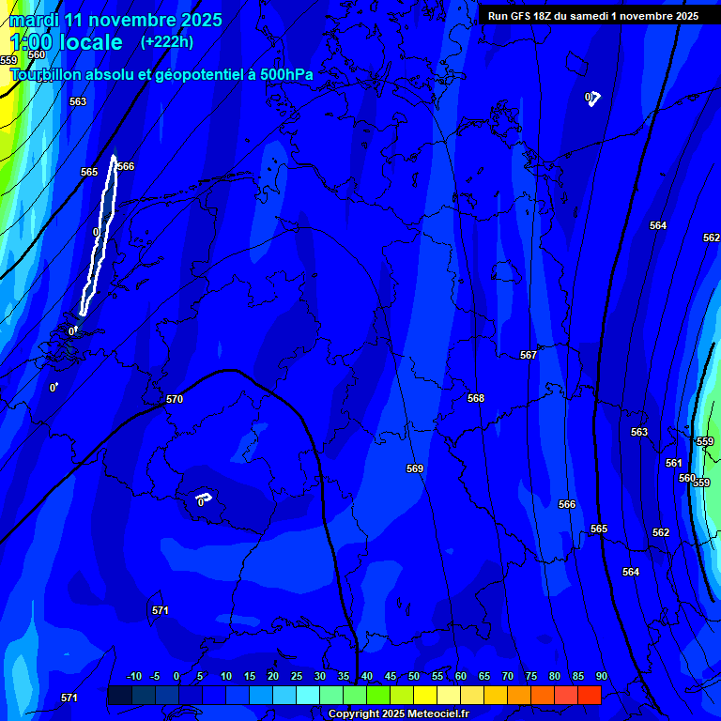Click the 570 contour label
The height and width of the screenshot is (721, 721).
175,399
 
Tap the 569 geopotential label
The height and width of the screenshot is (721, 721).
415,468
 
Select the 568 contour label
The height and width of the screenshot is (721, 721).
476,398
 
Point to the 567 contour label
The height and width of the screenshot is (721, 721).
529,355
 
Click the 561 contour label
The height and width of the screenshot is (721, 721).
673,463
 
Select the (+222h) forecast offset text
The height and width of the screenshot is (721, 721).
167,41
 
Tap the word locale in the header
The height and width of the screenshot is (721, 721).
90,42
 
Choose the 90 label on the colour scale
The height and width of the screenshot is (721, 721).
601,676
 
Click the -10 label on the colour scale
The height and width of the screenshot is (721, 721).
133,676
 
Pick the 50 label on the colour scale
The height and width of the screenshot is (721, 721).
414,676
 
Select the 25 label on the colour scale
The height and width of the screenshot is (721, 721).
297,676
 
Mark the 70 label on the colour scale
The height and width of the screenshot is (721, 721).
508,676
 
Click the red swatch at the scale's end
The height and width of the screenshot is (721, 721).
589,695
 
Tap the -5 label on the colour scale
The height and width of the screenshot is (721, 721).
155,676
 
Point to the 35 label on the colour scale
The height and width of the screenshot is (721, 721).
344,676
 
